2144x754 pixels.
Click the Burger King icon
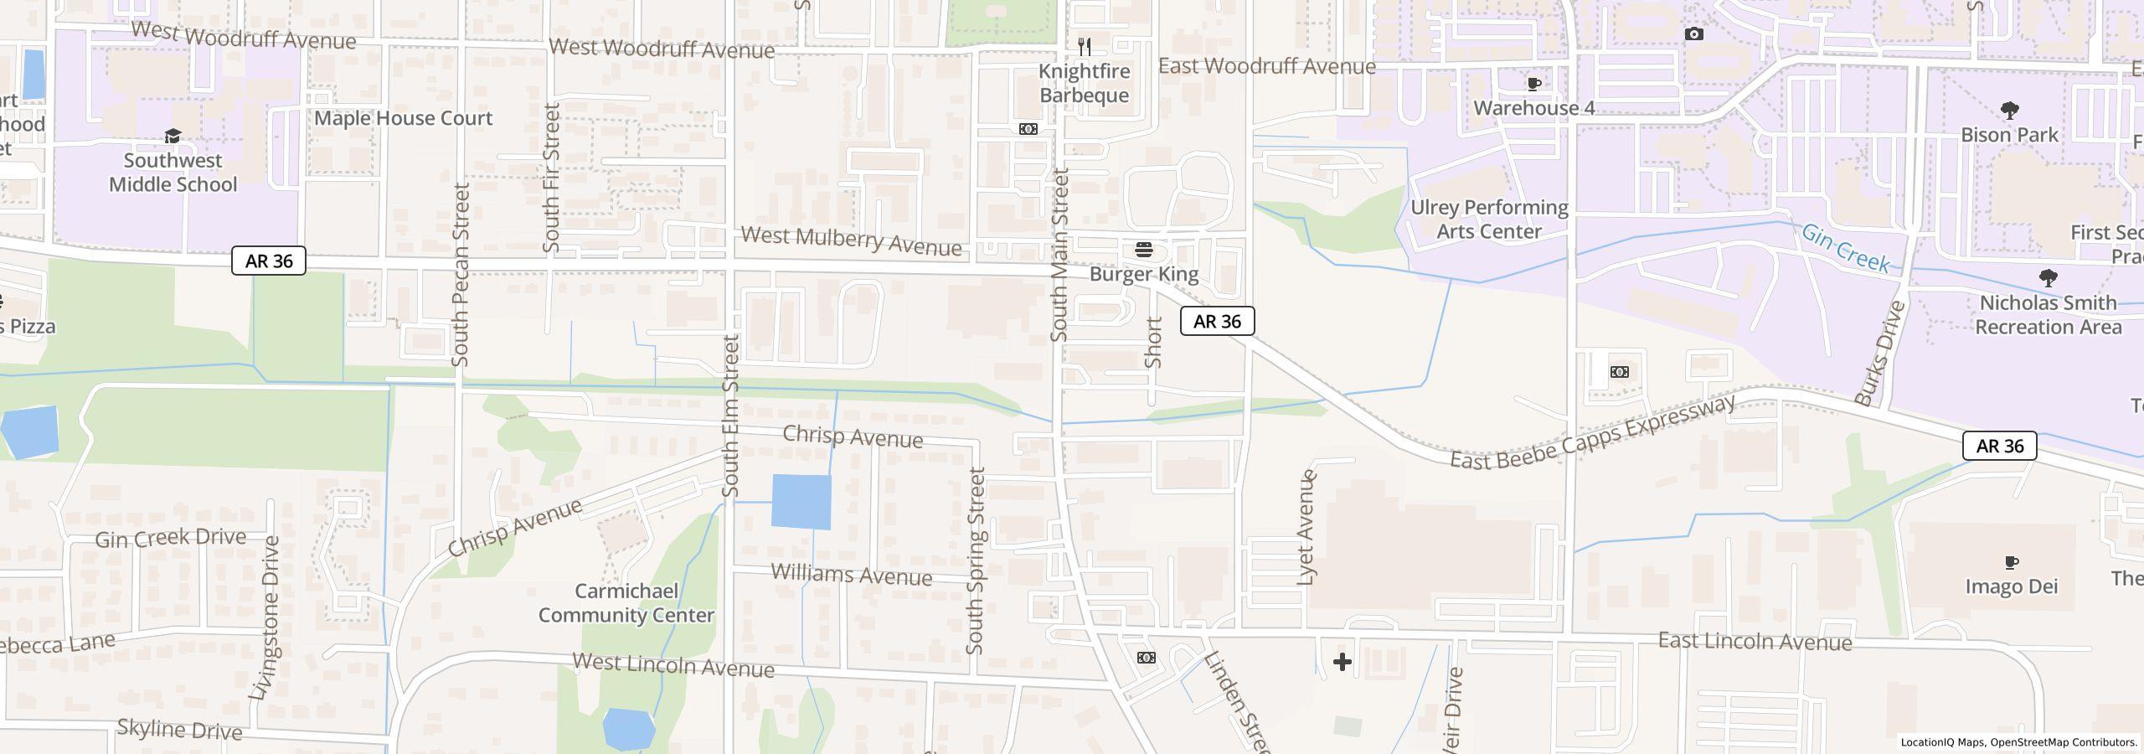click(1143, 250)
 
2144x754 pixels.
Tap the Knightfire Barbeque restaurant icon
click(1085, 46)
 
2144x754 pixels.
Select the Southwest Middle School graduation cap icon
click(173, 137)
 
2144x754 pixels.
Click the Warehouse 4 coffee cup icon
click(1534, 84)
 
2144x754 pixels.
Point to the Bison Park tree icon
click(2008, 110)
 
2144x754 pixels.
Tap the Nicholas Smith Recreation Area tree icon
click(2048, 277)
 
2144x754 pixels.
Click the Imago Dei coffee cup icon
click(2012, 562)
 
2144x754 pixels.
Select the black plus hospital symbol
click(1342, 662)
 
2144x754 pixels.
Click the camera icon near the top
click(1693, 34)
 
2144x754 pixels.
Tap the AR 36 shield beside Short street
click(1217, 321)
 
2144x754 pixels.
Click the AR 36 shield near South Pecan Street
click(269, 261)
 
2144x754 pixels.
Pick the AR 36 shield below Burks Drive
click(1999, 446)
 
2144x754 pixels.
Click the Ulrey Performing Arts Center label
click(1489, 219)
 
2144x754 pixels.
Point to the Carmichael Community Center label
click(626, 603)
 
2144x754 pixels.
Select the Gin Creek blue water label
click(1845, 248)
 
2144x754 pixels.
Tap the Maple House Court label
click(403, 118)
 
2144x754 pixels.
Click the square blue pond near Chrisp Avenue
click(801, 502)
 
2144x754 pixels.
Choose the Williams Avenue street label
click(851, 575)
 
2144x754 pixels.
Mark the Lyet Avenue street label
click(1306, 527)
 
